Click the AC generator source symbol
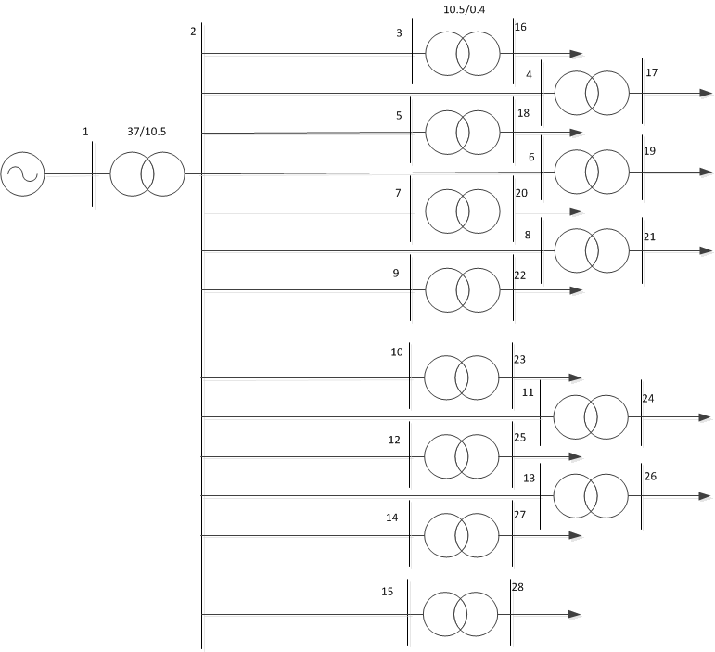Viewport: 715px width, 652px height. coord(22,173)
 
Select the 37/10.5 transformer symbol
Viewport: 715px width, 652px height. coord(147,173)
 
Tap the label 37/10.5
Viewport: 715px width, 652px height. coord(147,131)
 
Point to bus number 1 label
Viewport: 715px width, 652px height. coord(85,132)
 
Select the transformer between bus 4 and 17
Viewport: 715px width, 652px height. coord(591,93)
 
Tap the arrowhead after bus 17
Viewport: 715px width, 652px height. coord(705,93)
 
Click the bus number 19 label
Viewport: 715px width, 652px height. coord(649,150)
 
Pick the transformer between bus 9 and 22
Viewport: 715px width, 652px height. coord(462,290)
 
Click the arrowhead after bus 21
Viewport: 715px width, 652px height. coord(705,250)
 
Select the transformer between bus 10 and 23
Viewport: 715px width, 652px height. coord(461,377)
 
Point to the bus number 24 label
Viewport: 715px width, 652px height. coord(648,399)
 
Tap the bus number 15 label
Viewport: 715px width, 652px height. coord(388,592)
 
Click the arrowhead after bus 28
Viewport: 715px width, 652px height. coord(575,614)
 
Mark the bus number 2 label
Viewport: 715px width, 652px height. coord(193,32)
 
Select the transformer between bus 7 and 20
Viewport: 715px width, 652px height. coord(462,211)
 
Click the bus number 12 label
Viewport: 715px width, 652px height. coord(394,440)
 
